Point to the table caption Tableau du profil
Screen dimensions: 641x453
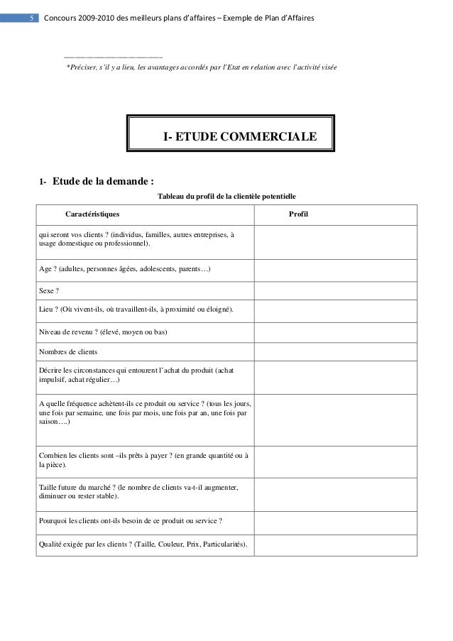click(x=226, y=196)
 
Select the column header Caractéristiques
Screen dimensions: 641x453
click(x=92, y=214)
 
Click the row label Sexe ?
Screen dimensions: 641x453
click(x=49, y=292)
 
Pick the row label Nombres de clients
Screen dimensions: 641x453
click(x=69, y=351)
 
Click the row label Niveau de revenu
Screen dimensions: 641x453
click(x=104, y=332)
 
